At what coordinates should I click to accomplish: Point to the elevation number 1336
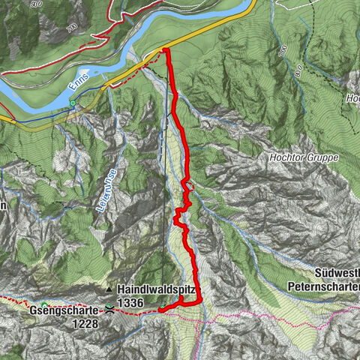(130, 302)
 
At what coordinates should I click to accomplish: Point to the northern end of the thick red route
(165, 50)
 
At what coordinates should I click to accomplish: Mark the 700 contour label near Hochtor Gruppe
(281, 50)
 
